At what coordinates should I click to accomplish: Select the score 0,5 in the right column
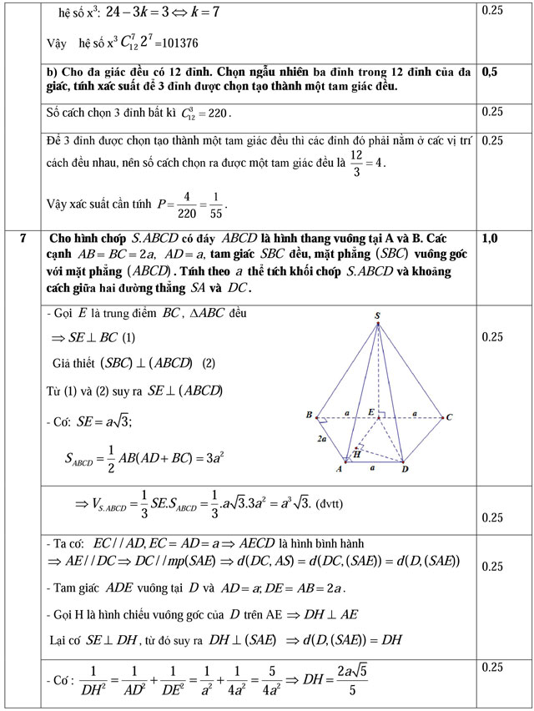(x=490, y=72)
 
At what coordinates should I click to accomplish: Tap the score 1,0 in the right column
(x=490, y=239)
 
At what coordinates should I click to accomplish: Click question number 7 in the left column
(x=23, y=239)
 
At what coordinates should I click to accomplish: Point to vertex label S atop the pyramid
(x=377, y=315)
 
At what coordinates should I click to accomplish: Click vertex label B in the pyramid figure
(x=309, y=415)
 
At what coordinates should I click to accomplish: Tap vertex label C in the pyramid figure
(x=450, y=416)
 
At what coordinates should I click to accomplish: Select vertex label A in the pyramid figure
(x=339, y=469)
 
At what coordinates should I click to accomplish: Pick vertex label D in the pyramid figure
(x=405, y=469)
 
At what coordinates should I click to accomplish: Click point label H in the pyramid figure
(x=356, y=454)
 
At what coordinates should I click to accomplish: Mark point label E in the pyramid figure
(x=370, y=411)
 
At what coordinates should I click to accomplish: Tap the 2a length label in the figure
(x=321, y=437)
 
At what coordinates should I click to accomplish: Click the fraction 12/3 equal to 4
(x=356, y=163)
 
